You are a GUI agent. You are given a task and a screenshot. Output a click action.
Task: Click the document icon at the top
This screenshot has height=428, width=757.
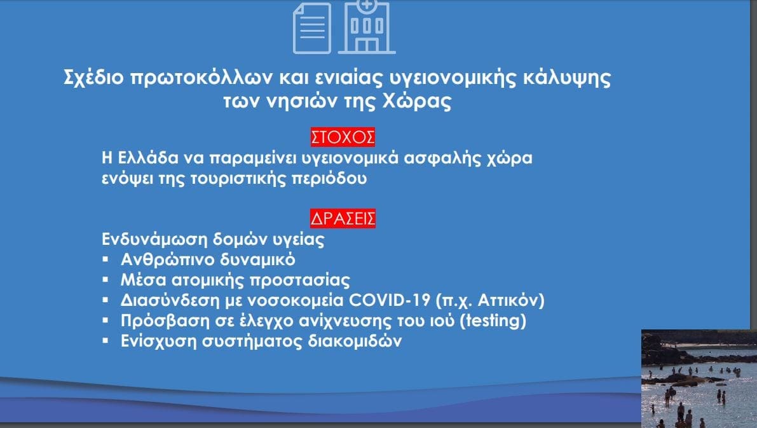click(x=312, y=28)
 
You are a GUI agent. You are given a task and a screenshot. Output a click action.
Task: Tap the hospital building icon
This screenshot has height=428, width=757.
click(x=367, y=27)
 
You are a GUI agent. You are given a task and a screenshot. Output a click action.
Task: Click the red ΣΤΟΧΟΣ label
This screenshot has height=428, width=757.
click(x=343, y=137)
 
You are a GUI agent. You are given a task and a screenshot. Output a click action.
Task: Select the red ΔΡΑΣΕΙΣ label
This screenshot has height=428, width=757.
click(x=343, y=219)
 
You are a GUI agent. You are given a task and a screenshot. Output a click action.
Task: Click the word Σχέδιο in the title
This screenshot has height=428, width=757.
click(x=93, y=78)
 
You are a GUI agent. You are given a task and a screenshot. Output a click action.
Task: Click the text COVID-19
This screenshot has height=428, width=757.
click(x=389, y=300)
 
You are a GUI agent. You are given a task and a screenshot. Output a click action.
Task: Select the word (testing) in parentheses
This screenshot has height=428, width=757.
click(x=493, y=321)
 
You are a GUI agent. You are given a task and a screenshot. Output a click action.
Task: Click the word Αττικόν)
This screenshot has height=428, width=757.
click(x=511, y=301)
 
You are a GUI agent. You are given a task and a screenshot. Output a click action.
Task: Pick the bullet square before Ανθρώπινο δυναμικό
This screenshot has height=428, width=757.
click(x=106, y=259)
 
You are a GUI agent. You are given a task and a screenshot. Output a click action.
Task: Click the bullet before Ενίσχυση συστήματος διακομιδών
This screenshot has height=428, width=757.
click(x=106, y=341)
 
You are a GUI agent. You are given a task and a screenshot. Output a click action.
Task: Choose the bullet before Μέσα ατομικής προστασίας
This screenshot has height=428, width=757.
click(x=106, y=280)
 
